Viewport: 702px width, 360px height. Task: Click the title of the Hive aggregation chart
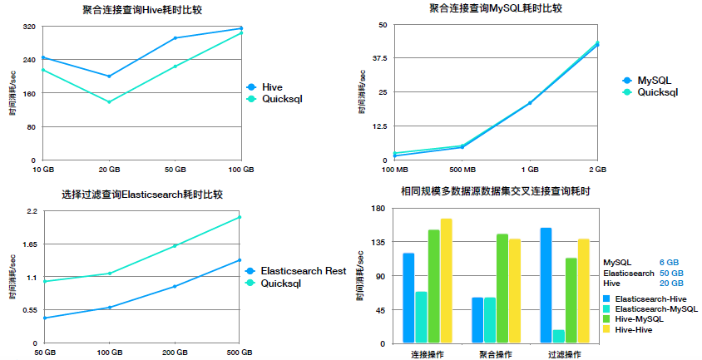pos(142,9)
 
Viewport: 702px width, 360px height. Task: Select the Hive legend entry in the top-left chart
pos(271,86)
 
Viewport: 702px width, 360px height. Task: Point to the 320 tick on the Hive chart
pos(30,27)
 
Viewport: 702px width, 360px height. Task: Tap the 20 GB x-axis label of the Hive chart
pos(109,170)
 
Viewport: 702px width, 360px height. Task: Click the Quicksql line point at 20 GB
pos(109,101)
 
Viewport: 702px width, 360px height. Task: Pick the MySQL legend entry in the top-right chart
pos(653,80)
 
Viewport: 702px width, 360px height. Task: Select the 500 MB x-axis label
pos(462,170)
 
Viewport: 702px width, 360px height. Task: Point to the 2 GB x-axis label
pos(596,170)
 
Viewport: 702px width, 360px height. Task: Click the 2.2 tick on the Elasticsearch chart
pos(32,211)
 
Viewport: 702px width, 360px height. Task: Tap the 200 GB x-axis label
pos(175,353)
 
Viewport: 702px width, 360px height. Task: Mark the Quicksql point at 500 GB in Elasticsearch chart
pos(240,217)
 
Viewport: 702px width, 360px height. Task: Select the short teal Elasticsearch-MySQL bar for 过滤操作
pos(558,336)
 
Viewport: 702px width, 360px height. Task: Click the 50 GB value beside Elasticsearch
pos(670,273)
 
